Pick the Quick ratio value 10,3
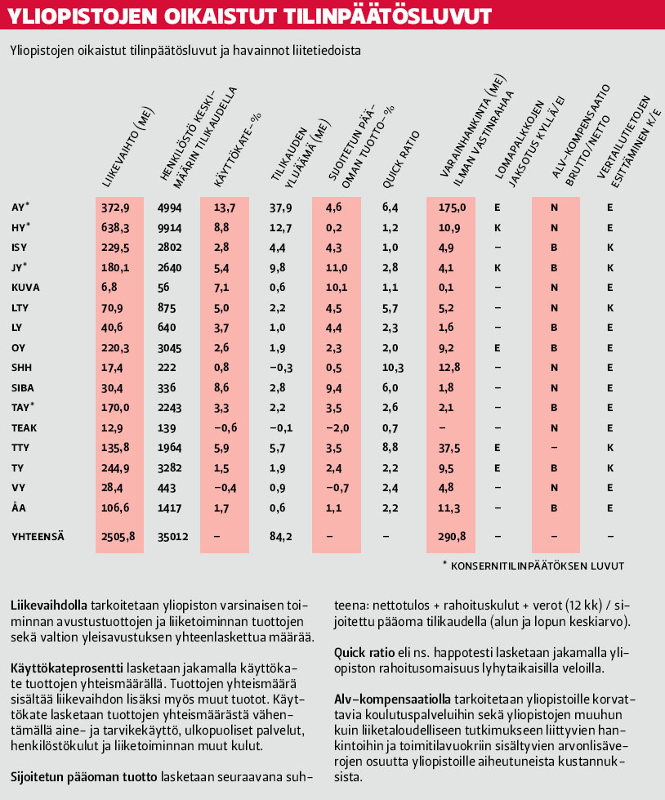click(394, 367)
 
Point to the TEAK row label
click(25, 427)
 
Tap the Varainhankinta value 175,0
click(451, 208)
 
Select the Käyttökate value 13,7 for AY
click(224, 208)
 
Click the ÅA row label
click(19, 507)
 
